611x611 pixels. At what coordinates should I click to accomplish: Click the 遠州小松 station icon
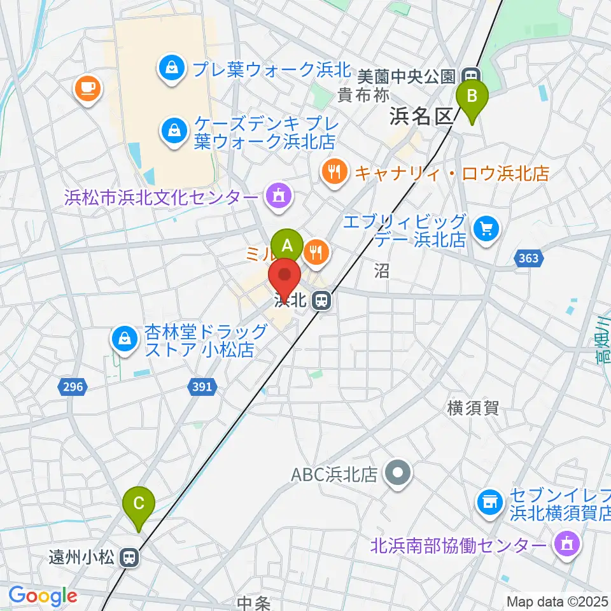tap(129, 558)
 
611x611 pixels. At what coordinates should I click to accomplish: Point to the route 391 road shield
tap(203, 386)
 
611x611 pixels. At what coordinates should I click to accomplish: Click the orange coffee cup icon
tap(88, 88)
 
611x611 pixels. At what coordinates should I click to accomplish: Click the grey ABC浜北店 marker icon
tap(398, 474)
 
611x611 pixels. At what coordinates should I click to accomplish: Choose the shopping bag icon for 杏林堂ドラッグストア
tap(125, 339)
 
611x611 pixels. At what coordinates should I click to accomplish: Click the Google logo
tap(43, 596)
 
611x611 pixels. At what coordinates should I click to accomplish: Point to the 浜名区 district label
tap(421, 116)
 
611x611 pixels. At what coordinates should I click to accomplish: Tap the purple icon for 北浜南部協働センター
tap(566, 545)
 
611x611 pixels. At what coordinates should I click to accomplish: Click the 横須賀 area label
tap(472, 409)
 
